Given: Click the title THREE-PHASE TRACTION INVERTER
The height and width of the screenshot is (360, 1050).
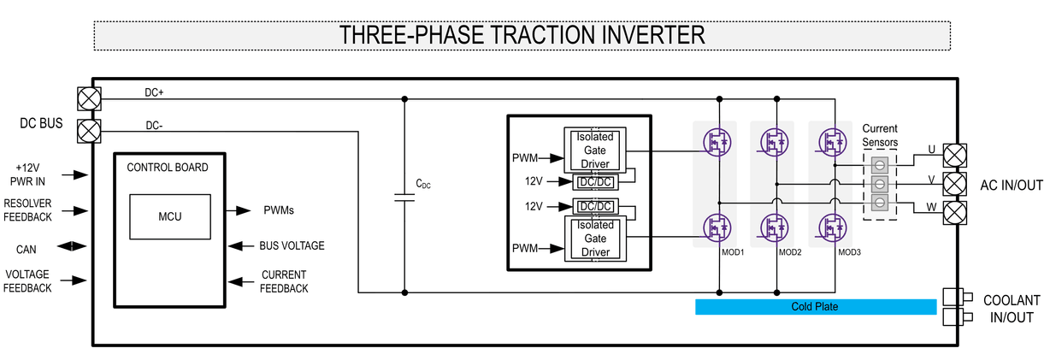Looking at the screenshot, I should (x=522, y=35).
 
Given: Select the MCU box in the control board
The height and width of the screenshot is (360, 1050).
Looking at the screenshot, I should (x=170, y=216).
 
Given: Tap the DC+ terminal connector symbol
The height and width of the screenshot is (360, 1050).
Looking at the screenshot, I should (x=88, y=98).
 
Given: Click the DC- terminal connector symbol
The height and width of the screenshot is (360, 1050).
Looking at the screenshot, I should (x=88, y=131).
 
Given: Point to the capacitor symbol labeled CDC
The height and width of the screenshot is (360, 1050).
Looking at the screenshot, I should (x=404, y=198).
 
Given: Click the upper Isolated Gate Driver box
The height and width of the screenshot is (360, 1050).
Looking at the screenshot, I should (x=595, y=149).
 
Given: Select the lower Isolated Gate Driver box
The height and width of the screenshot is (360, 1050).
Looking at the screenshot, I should (x=595, y=238).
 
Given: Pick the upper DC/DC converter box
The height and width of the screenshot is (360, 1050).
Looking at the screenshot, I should (x=595, y=181).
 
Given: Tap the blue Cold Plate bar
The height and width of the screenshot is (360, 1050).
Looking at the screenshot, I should (x=815, y=307).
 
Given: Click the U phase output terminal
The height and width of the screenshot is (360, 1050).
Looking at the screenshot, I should (x=953, y=155).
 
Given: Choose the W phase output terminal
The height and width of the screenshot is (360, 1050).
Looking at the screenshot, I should (x=953, y=211).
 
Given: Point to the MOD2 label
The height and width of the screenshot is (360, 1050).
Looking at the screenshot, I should (x=789, y=253).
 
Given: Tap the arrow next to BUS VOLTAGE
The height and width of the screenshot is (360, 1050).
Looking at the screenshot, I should (x=239, y=246).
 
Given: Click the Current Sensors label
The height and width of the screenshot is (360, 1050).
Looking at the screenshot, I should (x=880, y=135).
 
